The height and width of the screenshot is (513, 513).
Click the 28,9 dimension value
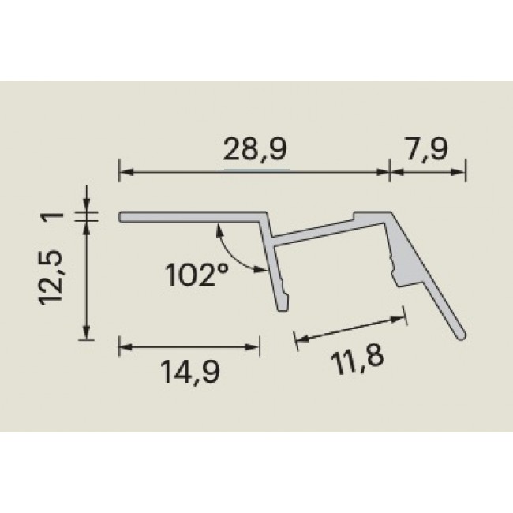255,150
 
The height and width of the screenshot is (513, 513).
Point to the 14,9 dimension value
189,371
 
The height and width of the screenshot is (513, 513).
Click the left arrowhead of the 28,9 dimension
124,170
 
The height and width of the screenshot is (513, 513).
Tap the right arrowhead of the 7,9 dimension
462,170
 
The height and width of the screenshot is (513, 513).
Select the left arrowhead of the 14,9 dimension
124,346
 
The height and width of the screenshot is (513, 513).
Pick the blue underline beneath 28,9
256,169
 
